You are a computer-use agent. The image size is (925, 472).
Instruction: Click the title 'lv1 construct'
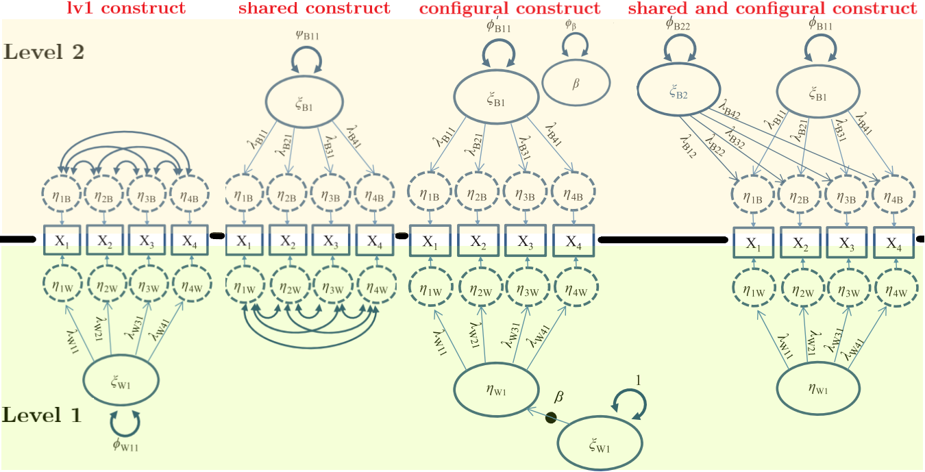tap(126, 9)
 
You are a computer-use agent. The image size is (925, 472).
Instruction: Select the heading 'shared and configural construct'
tap(772, 9)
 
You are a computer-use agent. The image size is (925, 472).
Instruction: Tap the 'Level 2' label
tap(44, 52)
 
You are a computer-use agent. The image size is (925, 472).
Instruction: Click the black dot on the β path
tap(550, 417)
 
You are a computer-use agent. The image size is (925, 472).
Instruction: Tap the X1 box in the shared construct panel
tap(245, 241)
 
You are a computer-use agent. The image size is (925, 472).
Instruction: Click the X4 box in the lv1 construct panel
tap(188, 241)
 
